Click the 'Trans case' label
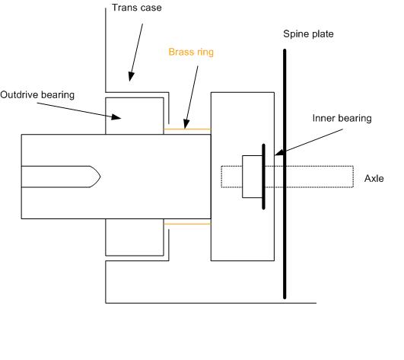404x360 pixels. click(x=136, y=8)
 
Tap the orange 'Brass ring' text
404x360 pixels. click(x=191, y=52)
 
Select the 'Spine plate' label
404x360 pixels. click(x=308, y=34)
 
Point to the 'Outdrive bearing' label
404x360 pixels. click(x=37, y=95)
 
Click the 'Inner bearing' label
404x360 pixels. click(x=342, y=118)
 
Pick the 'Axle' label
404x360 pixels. click(x=374, y=178)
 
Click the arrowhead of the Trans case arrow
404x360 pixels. click(x=131, y=77)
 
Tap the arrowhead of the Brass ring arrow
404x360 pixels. click(x=186, y=124)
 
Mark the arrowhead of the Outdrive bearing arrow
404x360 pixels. click(x=116, y=117)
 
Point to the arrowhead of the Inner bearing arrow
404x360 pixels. click(x=279, y=153)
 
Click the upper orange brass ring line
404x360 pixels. click(x=187, y=129)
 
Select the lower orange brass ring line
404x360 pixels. click(x=187, y=224)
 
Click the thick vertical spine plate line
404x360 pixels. click(x=285, y=174)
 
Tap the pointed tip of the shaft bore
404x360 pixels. click(x=100, y=177)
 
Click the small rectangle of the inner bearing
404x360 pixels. click(x=253, y=177)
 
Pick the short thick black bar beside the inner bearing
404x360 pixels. click(x=263, y=177)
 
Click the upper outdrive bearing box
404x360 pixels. click(x=135, y=116)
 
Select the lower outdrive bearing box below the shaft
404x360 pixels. click(x=135, y=237)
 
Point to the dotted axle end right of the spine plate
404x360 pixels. click(x=353, y=177)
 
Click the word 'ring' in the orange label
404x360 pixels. click(x=205, y=53)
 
